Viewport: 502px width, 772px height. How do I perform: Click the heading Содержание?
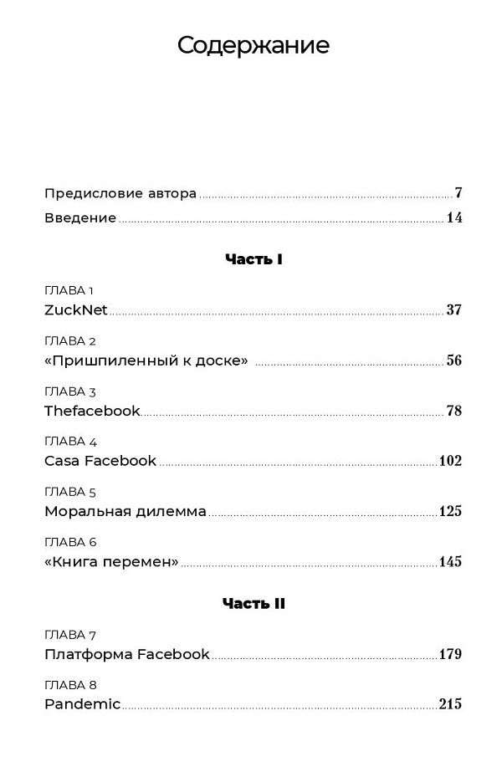pos(253,45)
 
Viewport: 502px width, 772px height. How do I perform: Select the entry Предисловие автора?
pos(120,193)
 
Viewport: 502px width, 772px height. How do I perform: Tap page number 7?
pos(458,193)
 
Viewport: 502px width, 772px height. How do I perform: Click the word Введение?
pos(80,218)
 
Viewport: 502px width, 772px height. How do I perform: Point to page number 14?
pos(454,218)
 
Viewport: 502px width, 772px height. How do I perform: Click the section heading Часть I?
pos(254,259)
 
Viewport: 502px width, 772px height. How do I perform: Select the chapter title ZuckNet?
pos(76,310)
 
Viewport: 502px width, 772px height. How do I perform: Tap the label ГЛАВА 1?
pos(69,290)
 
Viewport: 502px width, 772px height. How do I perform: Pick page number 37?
pos(453,310)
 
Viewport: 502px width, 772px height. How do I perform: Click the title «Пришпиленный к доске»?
pos(146,360)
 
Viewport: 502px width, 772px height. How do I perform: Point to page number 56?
pos(453,360)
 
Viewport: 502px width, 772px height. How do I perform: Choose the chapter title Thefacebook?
pos(92,411)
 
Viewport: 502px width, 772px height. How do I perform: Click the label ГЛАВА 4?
pos(70,441)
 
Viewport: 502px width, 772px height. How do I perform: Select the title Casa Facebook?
pos(100,461)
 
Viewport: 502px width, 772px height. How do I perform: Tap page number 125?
pos(450,511)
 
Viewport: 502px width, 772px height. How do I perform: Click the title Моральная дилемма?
pos(125,511)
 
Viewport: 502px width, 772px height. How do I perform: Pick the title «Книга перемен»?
pos(111,561)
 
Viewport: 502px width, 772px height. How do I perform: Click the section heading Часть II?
pos(254,603)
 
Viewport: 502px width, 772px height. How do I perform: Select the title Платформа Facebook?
pos(126,654)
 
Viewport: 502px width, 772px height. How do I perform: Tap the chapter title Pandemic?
pos(82,704)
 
